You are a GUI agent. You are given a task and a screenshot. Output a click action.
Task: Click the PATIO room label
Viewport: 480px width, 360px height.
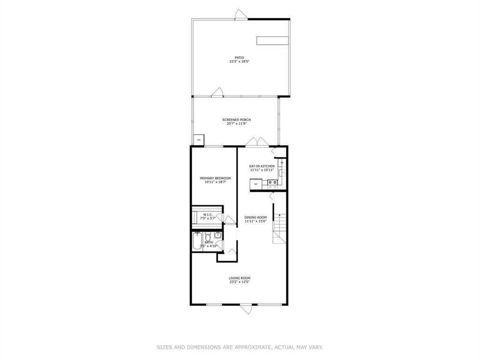click(240, 58)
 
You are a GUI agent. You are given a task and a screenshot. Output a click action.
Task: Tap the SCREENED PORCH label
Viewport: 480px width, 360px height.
click(236, 120)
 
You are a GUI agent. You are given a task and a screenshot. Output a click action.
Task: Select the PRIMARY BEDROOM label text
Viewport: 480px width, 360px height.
click(215, 178)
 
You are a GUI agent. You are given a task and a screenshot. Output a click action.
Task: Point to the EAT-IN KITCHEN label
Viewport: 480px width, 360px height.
click(262, 166)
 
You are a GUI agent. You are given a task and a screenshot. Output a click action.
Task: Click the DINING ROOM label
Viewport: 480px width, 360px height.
click(255, 217)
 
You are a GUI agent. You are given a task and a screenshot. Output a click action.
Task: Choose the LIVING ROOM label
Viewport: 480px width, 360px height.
click(239, 278)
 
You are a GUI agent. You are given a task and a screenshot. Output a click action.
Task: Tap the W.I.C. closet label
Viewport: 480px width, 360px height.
click(208, 215)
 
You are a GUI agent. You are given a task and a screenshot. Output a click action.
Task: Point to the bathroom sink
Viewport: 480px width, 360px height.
click(218, 235)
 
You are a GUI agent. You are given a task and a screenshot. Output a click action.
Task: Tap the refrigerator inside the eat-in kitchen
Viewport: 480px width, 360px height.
click(256, 184)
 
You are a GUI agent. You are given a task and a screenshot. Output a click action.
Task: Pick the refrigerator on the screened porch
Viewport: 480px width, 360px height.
click(199, 140)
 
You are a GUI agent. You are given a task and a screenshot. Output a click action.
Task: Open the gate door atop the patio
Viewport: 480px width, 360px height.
click(240, 15)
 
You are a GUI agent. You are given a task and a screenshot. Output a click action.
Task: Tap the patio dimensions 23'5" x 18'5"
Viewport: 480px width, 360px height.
click(240, 61)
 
